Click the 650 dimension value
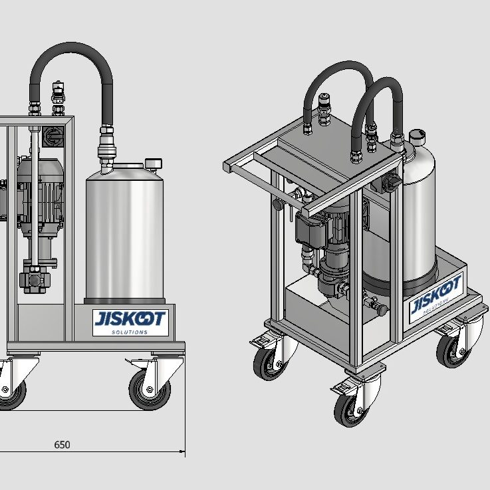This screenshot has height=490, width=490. pyautogui.click(x=62, y=444)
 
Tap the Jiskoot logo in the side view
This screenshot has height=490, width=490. pyautogui.click(x=130, y=322)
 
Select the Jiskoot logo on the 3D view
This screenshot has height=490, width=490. pyautogui.click(x=435, y=298)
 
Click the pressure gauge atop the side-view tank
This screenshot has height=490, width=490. pyautogui.click(x=153, y=164)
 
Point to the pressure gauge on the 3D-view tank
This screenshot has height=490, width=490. pyautogui.click(x=417, y=136)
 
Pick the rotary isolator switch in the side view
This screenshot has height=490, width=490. pyautogui.click(x=53, y=136)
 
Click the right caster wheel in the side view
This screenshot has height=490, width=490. pyautogui.click(x=150, y=390)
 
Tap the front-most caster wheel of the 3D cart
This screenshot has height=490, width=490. pyautogui.click(x=352, y=410)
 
